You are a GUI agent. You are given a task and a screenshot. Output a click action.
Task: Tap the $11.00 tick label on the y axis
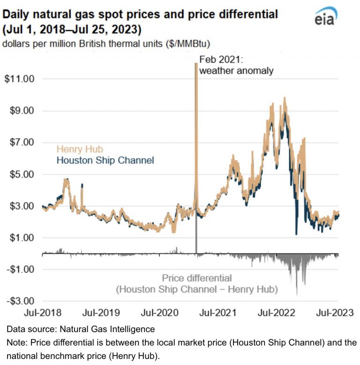click(19, 79)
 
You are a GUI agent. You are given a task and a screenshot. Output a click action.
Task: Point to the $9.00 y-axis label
click(22, 111)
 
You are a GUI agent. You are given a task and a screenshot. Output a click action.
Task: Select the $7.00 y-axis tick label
click(22, 142)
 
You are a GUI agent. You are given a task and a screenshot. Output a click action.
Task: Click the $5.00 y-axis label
click(22, 174)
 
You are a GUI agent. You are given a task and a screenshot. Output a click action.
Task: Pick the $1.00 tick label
click(22, 238)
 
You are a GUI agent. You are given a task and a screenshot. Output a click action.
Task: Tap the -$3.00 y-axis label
click(20, 301)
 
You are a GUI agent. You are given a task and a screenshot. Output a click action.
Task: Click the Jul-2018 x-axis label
click(43, 312)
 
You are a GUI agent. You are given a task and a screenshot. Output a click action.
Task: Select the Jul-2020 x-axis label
click(159, 312)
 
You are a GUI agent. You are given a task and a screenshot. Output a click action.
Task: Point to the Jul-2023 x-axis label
click(335, 312)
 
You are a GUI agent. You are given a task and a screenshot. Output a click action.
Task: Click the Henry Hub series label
click(80, 149)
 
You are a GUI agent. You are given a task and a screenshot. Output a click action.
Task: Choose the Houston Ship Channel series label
click(105, 160)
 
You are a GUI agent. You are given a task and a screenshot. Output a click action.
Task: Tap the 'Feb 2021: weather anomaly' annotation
click(236, 65)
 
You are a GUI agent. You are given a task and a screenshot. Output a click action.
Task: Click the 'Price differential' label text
click(197, 278)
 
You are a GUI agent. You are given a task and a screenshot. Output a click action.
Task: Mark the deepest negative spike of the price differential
click(297, 295)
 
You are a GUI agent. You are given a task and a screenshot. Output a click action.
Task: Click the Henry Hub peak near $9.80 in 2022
click(285, 98)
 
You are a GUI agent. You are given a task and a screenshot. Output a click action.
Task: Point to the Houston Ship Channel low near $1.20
click(296, 234)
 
